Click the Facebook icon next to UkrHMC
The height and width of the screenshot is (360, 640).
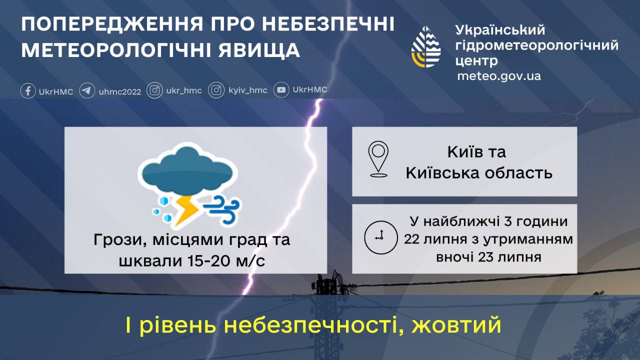(28, 91)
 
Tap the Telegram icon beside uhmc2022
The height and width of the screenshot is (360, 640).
(87, 91)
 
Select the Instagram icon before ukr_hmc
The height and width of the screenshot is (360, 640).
(155, 90)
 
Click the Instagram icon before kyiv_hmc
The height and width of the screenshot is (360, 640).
(216, 90)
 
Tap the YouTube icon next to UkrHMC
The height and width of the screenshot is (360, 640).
(282, 90)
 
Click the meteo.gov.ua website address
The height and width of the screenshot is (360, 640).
(499, 76)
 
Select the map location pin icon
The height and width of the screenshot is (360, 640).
(378, 159)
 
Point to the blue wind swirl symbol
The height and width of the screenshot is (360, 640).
(223, 209)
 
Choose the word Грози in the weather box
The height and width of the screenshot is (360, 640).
(114, 240)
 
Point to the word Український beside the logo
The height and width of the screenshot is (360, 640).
(500, 30)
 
